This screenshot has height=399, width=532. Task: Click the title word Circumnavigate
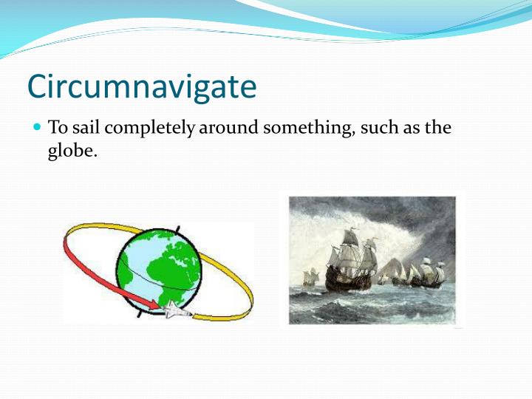pyautogui.click(x=142, y=86)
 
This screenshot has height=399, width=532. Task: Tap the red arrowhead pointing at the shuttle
pyautogui.click(x=153, y=303)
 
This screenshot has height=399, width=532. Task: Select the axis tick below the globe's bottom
pyautogui.click(x=141, y=315)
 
